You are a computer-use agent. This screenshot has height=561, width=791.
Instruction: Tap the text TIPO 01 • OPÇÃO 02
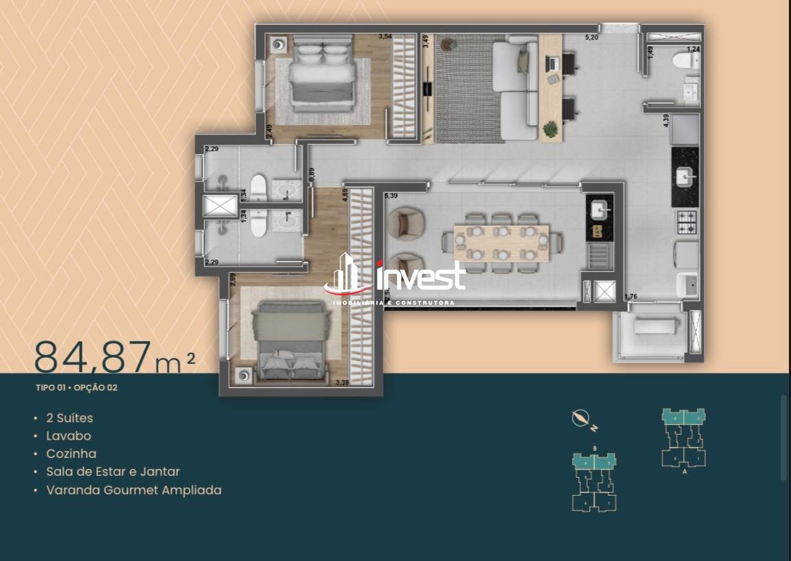76,387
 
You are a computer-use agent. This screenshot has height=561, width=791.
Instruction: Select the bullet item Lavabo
68,435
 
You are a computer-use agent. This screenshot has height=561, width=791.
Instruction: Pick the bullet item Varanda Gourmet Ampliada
133,490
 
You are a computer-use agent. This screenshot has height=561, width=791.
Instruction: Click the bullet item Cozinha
71,453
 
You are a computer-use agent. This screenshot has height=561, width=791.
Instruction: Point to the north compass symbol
582,417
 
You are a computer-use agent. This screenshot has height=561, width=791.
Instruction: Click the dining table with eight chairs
501,242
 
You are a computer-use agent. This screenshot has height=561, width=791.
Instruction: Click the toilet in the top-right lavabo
684,61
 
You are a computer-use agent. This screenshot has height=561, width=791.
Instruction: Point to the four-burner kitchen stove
687,222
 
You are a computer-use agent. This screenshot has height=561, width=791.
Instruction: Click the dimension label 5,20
591,38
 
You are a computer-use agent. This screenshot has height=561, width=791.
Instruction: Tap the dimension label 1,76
631,297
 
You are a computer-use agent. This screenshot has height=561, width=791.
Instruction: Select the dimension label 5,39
391,196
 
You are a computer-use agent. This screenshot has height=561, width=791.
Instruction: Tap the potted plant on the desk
550,128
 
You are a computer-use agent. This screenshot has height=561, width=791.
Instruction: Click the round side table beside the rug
448,45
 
